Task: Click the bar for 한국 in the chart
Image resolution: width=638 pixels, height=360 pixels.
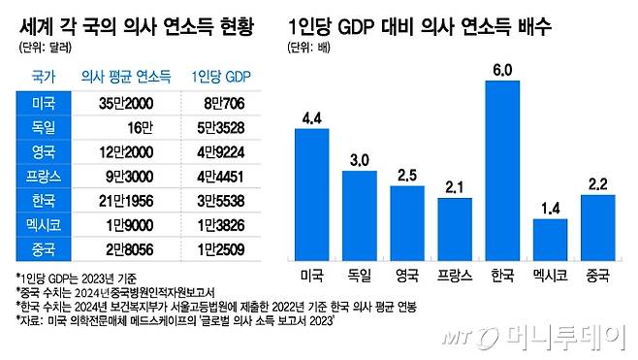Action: tap(502, 171)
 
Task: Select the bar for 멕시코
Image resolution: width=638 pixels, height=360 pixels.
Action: tap(550, 240)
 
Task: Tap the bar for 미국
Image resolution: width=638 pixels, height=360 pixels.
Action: tap(311, 194)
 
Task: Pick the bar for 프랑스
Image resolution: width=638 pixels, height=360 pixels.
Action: tap(454, 228)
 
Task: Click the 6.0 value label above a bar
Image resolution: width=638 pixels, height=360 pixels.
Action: tap(502, 69)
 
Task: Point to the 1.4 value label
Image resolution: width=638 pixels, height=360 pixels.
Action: tap(550, 208)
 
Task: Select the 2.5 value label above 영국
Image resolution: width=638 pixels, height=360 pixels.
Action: tap(406, 175)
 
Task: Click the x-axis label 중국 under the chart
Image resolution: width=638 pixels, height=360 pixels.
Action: tap(597, 276)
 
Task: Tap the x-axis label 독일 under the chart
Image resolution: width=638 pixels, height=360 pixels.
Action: tap(359, 276)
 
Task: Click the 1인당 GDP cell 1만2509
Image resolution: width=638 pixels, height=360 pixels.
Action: tap(221, 252)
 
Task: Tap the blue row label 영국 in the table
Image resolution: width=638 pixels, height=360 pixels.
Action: tap(44, 151)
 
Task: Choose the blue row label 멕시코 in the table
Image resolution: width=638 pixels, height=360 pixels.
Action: tap(44, 227)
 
